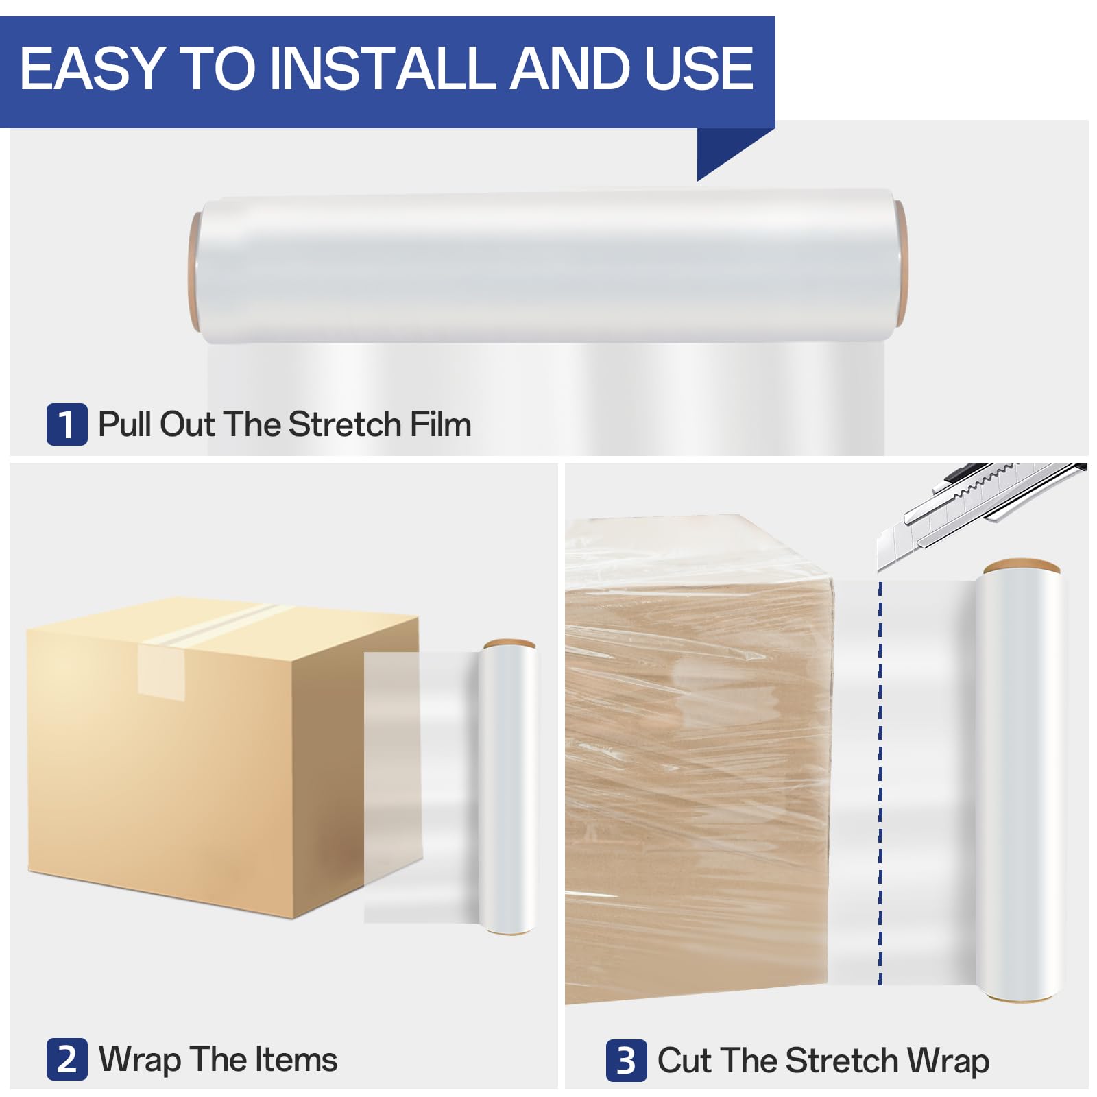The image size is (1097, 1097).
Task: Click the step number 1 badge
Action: pos(67,424)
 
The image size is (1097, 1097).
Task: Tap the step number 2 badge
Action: pos(67,1059)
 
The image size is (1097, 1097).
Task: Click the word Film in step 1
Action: pos(440,424)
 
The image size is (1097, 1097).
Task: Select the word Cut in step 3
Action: pos(684,1061)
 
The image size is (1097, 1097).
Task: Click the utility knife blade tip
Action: pos(880,569)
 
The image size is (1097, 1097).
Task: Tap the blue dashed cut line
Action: pos(880,782)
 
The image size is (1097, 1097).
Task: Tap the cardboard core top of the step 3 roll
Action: pos(1022,566)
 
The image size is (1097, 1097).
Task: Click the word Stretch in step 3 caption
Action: pos(841,1061)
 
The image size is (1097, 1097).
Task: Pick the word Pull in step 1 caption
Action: pos(125,424)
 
